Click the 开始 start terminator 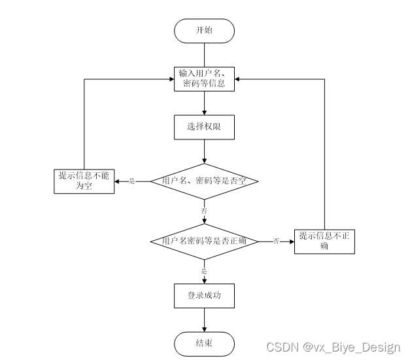coord(204,31)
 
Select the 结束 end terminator coord(204,342)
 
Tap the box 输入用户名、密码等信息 coord(204,79)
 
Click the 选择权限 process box coord(204,127)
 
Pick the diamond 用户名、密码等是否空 coord(204,181)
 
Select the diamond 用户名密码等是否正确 coord(204,241)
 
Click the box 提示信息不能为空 coord(84,181)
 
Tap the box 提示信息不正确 coord(324,241)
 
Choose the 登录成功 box coord(204,295)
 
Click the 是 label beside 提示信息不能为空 coord(132,181)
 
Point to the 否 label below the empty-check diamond coord(204,210)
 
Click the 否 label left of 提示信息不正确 coord(276,242)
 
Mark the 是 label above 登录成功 coord(204,270)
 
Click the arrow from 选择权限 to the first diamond coord(204,151)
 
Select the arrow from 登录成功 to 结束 coord(204,319)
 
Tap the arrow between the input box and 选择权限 coord(204,102)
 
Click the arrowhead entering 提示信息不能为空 coord(118,181)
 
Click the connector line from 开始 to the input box coord(204,54)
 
